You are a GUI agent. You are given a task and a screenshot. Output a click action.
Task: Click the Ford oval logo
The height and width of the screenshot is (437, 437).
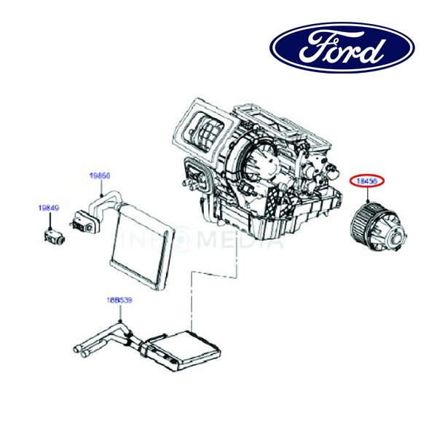[342, 48]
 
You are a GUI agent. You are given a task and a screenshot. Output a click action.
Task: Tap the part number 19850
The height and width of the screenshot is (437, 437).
[100, 176]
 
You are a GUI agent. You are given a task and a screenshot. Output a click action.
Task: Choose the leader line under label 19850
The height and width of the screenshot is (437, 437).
[100, 185]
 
